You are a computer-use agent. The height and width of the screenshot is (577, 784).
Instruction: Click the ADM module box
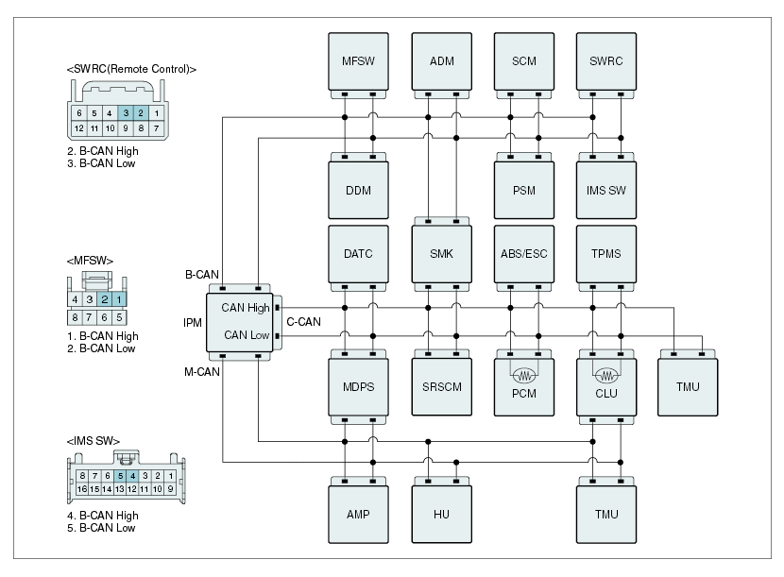click(x=441, y=61)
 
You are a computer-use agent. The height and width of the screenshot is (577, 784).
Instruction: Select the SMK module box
click(x=441, y=253)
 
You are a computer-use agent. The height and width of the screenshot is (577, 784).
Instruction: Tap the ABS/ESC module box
click(x=524, y=253)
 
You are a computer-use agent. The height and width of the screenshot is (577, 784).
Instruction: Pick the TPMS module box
click(x=606, y=253)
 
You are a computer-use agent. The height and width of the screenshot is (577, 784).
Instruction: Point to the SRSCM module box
click(x=441, y=386)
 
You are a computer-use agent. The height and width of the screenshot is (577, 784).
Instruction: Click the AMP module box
click(x=358, y=514)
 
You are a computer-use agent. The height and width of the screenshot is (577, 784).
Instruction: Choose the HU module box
click(x=441, y=514)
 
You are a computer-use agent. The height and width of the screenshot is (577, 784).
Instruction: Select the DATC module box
click(x=358, y=253)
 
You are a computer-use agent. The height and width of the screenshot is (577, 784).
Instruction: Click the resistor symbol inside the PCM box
click(x=524, y=375)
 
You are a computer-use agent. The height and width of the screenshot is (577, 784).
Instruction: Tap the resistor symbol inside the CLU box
click(x=606, y=375)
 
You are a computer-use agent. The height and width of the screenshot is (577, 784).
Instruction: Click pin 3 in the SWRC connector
click(x=126, y=113)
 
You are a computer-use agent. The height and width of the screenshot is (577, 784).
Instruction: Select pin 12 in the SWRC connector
click(x=79, y=128)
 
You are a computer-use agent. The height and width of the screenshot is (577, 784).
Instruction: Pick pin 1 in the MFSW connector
click(x=119, y=299)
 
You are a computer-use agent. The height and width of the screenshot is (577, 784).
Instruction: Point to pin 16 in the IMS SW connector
click(x=82, y=488)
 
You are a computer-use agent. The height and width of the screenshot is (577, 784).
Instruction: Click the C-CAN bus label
click(x=303, y=321)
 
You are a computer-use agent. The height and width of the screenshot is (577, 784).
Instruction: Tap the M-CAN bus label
click(x=202, y=371)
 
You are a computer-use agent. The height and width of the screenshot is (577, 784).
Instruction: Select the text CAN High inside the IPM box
click(x=245, y=308)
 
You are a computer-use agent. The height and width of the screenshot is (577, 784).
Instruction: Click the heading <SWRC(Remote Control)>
click(x=131, y=69)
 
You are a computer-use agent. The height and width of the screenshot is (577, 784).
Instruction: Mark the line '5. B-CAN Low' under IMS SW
click(x=101, y=528)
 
